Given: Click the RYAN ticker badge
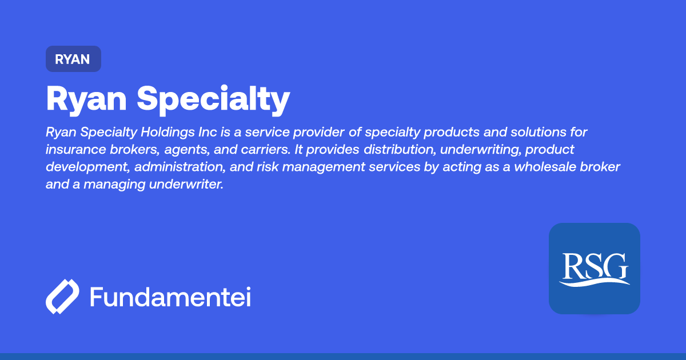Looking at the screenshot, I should pyautogui.click(x=73, y=59).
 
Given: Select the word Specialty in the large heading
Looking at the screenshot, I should pyautogui.click(x=213, y=99).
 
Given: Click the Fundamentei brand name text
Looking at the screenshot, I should pyautogui.click(x=170, y=297).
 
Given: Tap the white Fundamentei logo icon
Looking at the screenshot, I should pyautogui.click(x=62, y=297).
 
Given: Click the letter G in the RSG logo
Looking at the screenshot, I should pyautogui.click(x=617, y=266).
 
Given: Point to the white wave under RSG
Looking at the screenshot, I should pyautogui.click(x=594, y=282).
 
